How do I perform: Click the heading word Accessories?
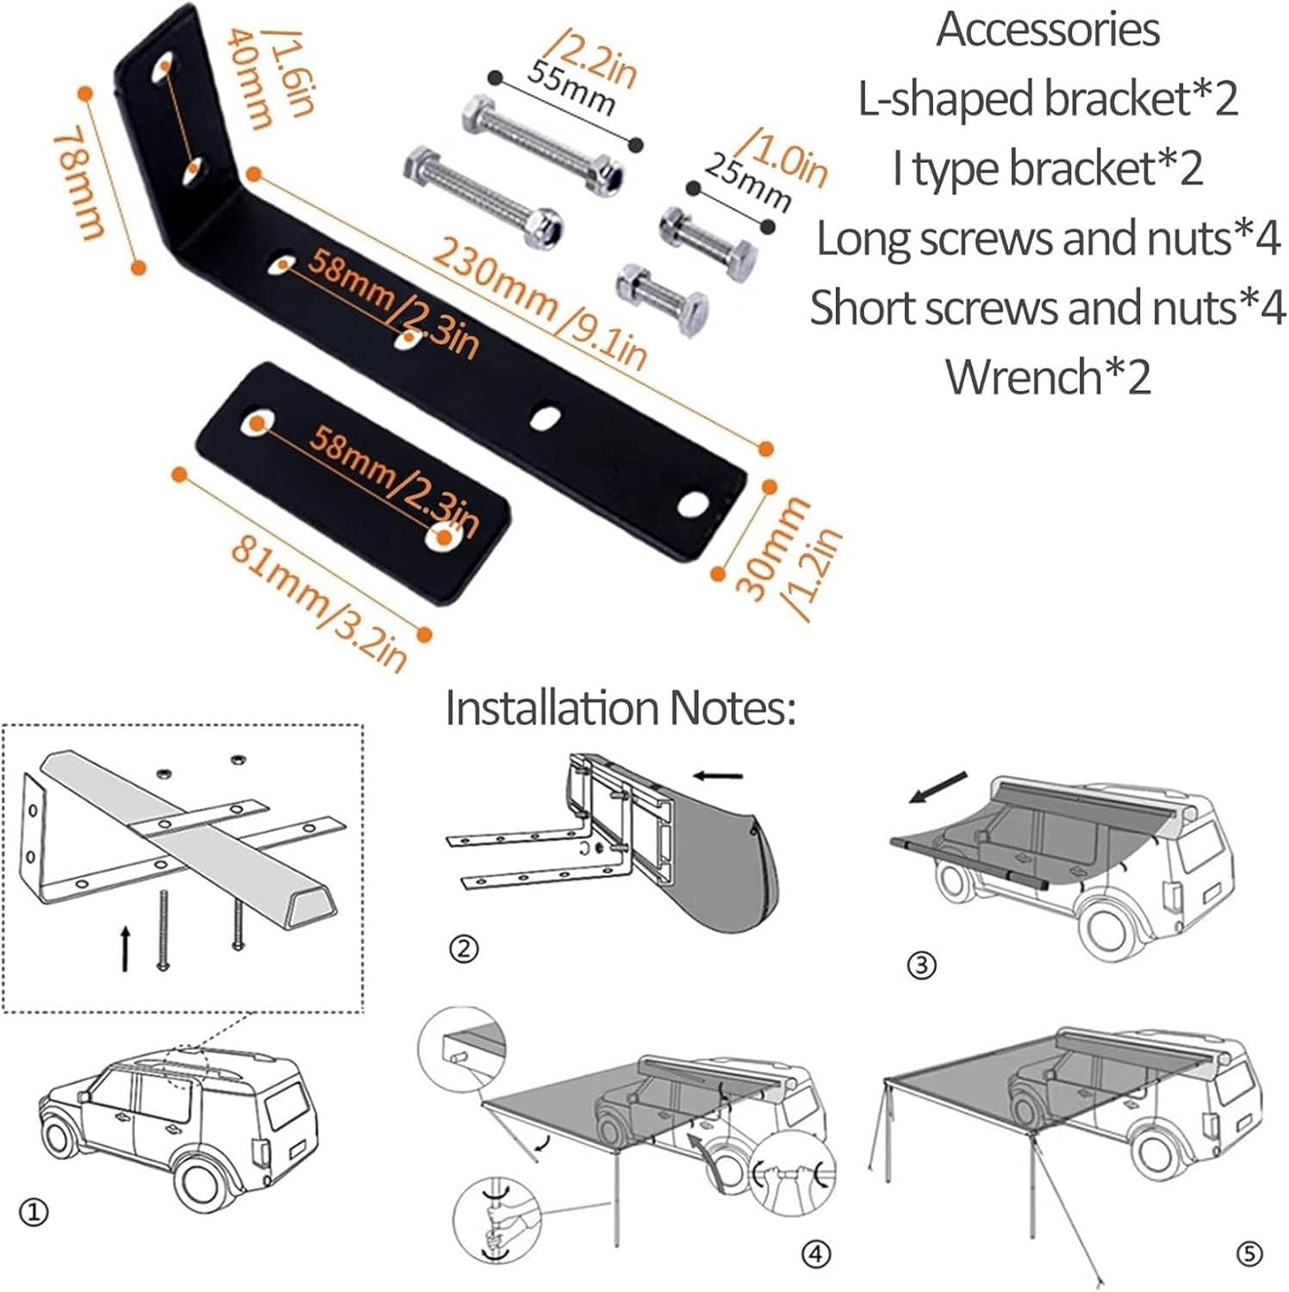(1047, 29)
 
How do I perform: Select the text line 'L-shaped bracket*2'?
(1048, 98)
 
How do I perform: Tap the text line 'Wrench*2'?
(1048, 376)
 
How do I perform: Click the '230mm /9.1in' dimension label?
(539, 302)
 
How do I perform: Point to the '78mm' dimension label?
(78, 183)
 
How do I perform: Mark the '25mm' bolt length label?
(748, 182)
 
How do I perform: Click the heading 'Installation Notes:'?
(620, 708)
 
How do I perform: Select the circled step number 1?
(34, 1213)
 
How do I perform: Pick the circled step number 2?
(464, 949)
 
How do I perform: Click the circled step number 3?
(921, 965)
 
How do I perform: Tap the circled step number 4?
(816, 1254)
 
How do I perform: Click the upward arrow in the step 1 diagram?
(126, 948)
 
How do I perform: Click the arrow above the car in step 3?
(939, 788)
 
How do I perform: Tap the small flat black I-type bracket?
(353, 482)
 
